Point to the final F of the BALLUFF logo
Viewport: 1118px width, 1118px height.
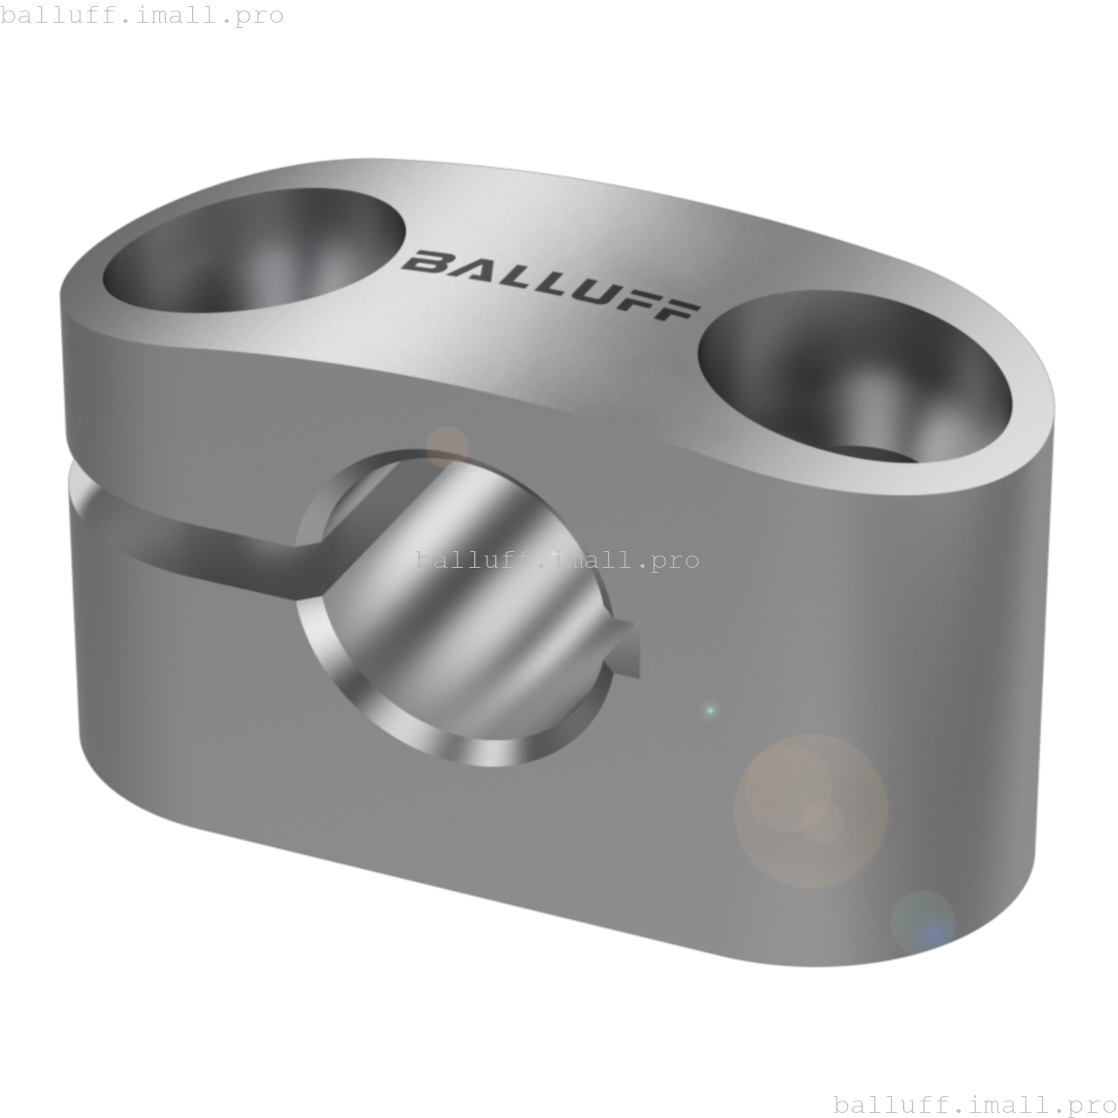click(x=677, y=311)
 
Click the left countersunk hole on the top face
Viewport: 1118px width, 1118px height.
click(x=254, y=250)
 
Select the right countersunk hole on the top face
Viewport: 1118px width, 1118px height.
click(x=854, y=377)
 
